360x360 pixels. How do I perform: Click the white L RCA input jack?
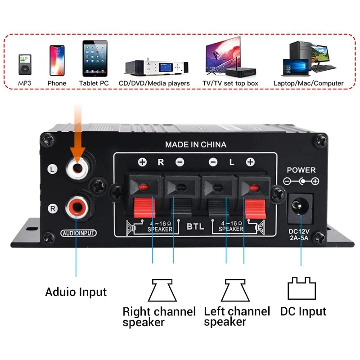click(x=77, y=168)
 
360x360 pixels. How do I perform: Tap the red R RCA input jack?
click(x=76, y=207)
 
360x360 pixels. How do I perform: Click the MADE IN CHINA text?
click(x=196, y=144)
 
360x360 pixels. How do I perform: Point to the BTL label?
click(x=195, y=227)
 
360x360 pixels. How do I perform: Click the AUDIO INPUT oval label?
click(x=78, y=233)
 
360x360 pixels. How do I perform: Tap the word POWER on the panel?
click(x=301, y=170)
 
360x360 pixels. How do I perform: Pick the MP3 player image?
click(x=25, y=64)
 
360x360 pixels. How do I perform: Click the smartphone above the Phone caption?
click(x=57, y=60)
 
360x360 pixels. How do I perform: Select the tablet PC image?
click(x=95, y=58)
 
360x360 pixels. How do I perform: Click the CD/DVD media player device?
click(x=157, y=67)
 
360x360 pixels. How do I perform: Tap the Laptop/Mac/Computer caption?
click(x=308, y=83)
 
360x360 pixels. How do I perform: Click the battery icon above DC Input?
click(x=301, y=288)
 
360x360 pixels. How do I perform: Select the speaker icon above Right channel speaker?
click(x=162, y=290)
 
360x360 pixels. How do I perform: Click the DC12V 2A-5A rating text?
click(x=299, y=234)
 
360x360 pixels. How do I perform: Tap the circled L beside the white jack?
click(x=52, y=169)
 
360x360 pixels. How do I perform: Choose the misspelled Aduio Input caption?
click(x=76, y=292)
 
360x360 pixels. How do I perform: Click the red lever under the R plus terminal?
click(x=144, y=208)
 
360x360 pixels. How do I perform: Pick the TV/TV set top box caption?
click(x=230, y=83)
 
